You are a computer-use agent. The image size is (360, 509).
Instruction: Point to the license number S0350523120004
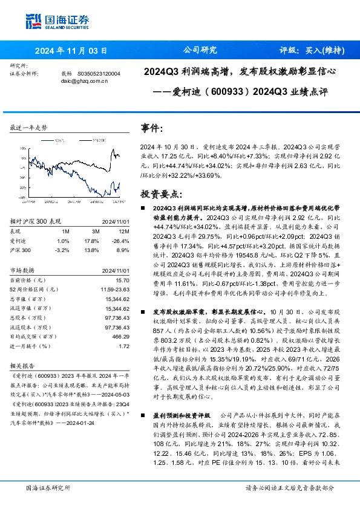coord(99,73)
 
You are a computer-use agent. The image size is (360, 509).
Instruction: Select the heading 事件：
coord(152,128)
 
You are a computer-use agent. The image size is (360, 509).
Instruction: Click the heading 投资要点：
coord(160,193)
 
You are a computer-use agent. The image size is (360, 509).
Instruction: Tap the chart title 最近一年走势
coord(29,128)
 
